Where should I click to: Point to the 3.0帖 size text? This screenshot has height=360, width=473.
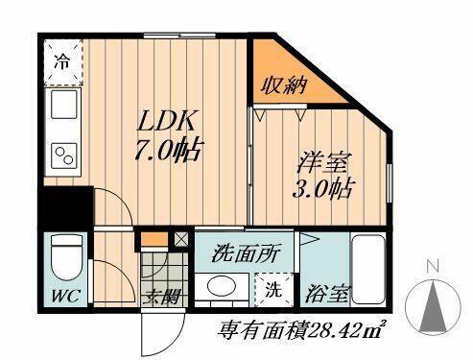319,188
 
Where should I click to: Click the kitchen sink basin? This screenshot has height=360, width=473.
62,106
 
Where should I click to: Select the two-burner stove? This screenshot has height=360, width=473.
63,154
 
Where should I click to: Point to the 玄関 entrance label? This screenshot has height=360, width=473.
162,297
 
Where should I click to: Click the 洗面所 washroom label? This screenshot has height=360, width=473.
247,254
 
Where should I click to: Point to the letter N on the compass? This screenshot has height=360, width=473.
433,266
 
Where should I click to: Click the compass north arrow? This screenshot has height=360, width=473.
433,307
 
